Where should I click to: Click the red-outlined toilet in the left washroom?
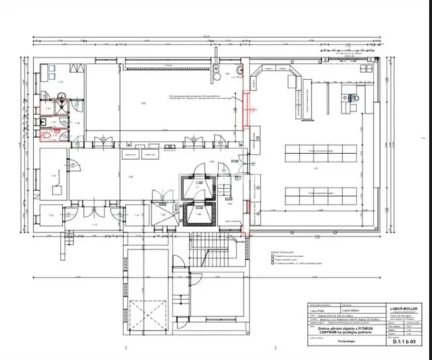51,133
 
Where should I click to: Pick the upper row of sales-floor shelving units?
316,152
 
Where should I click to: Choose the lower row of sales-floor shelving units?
316,193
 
